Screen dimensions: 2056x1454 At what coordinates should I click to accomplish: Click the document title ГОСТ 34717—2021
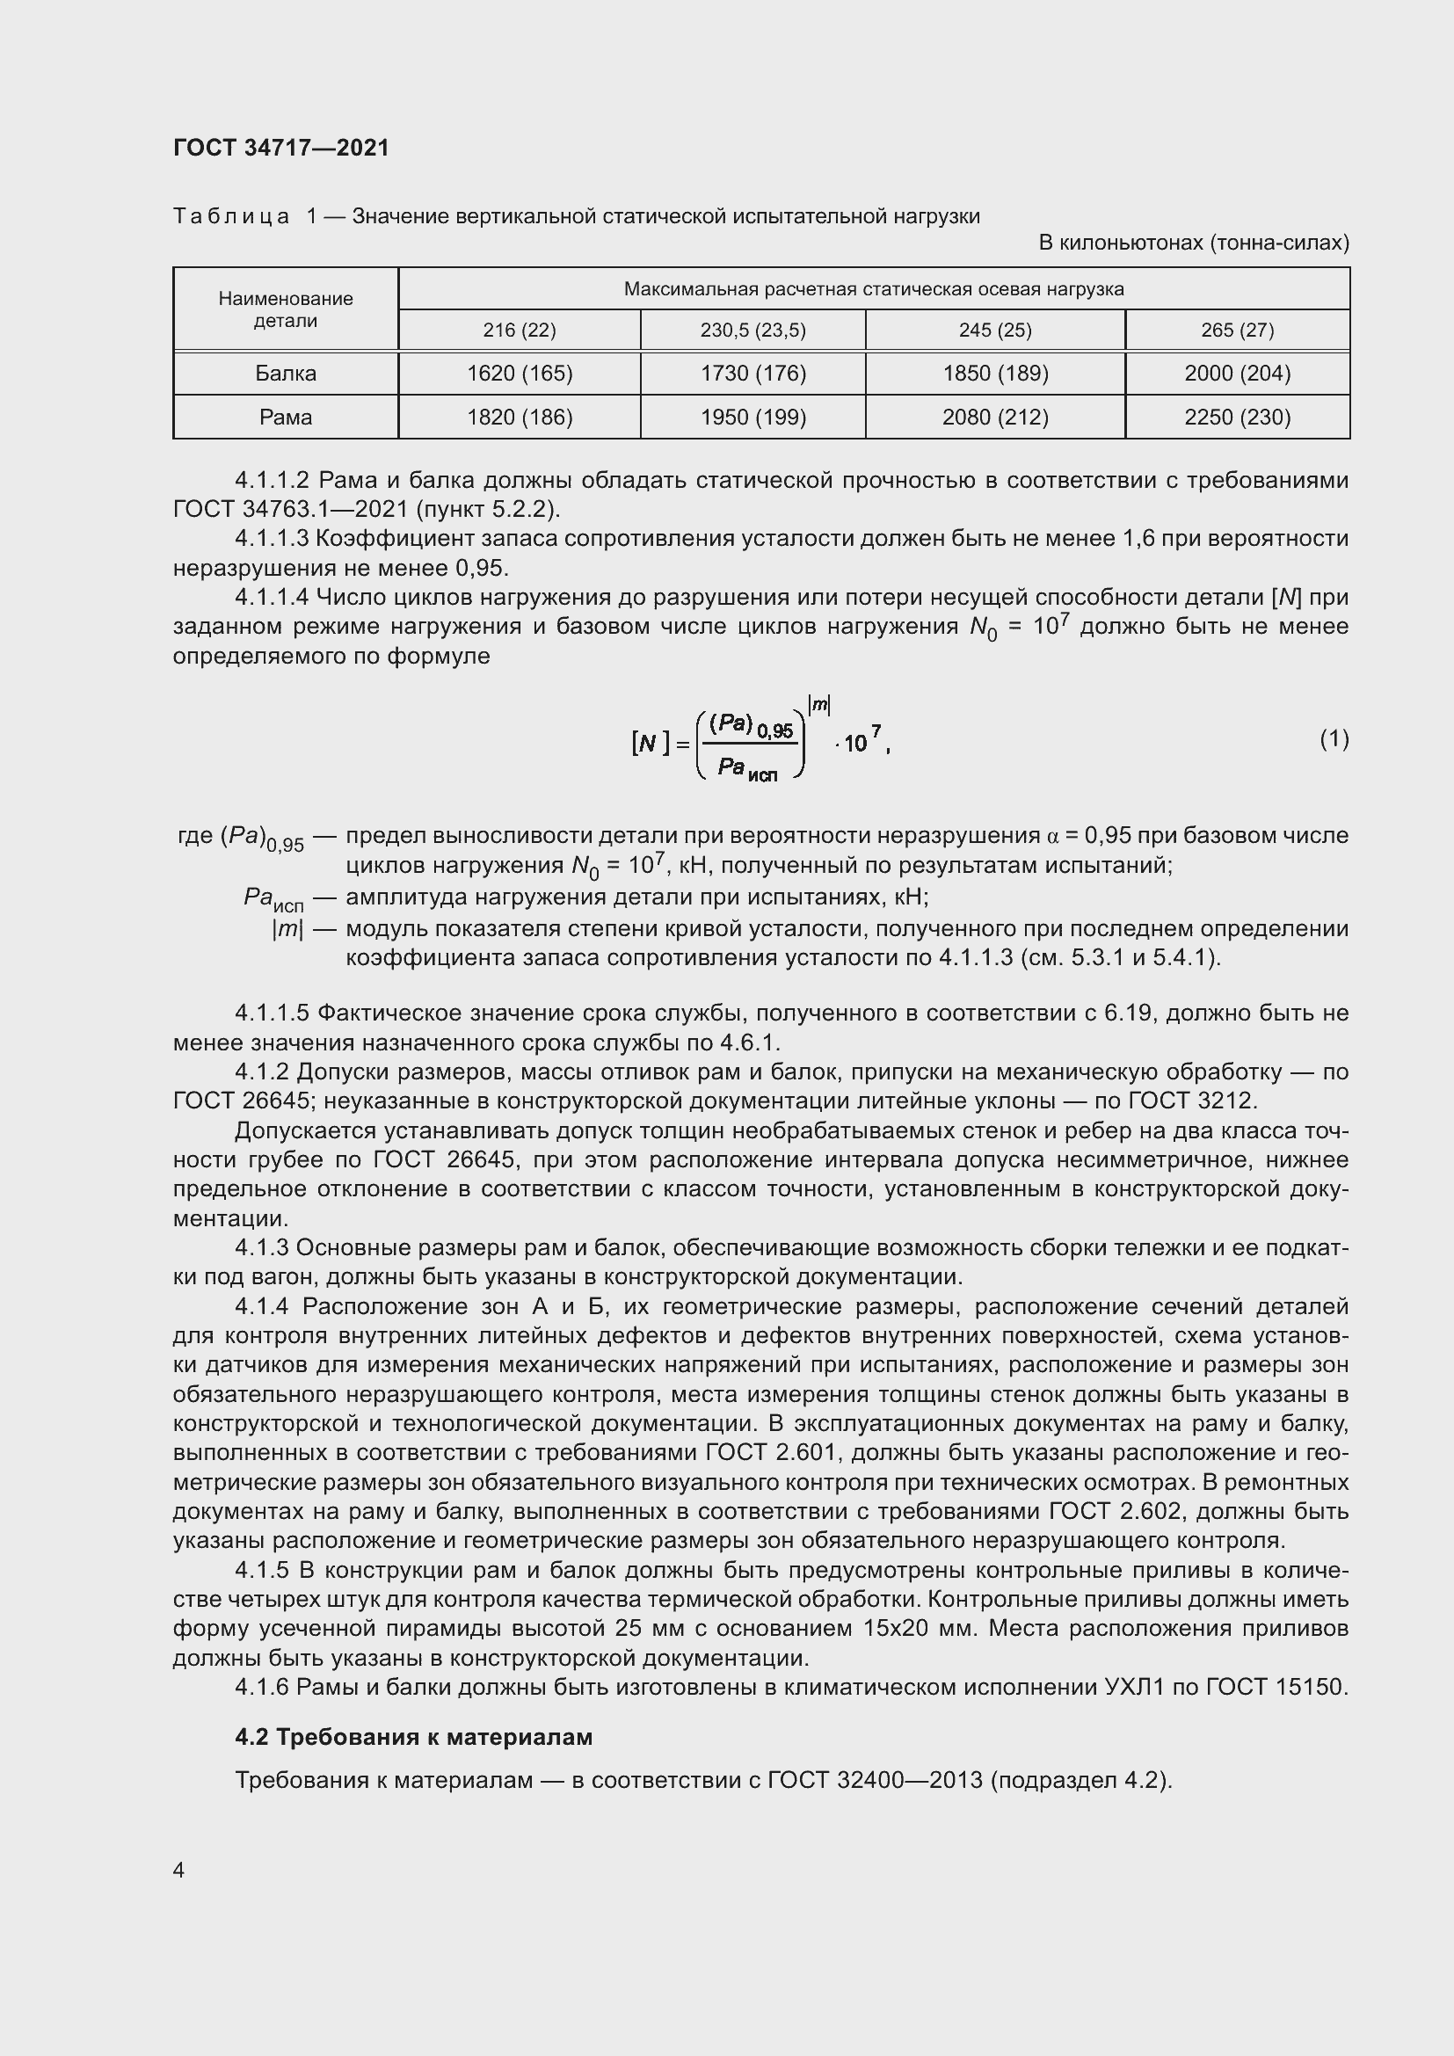[x=281, y=148]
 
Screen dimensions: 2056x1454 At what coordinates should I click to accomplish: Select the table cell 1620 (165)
[x=520, y=374]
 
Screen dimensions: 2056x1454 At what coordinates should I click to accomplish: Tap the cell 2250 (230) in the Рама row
[x=1237, y=418]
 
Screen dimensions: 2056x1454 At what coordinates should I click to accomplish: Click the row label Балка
[x=286, y=374]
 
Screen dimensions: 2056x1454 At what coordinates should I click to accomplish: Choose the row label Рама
[x=286, y=418]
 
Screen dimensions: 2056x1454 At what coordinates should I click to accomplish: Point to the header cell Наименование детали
[x=286, y=309]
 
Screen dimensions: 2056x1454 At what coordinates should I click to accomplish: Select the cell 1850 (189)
[x=995, y=374]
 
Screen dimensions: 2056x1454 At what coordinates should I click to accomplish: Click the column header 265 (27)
[x=1237, y=331]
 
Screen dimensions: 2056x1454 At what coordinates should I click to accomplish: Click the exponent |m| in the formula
[x=819, y=706]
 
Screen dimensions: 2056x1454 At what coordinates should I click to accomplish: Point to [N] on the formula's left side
[x=650, y=744]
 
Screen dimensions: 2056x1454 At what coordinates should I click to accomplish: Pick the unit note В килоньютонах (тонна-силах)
[x=1194, y=243]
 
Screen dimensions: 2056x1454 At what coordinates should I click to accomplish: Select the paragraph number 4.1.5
[x=262, y=1570]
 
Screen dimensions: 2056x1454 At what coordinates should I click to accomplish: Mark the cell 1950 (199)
[x=753, y=418]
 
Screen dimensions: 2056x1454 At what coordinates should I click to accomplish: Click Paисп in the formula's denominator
[x=747, y=769]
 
